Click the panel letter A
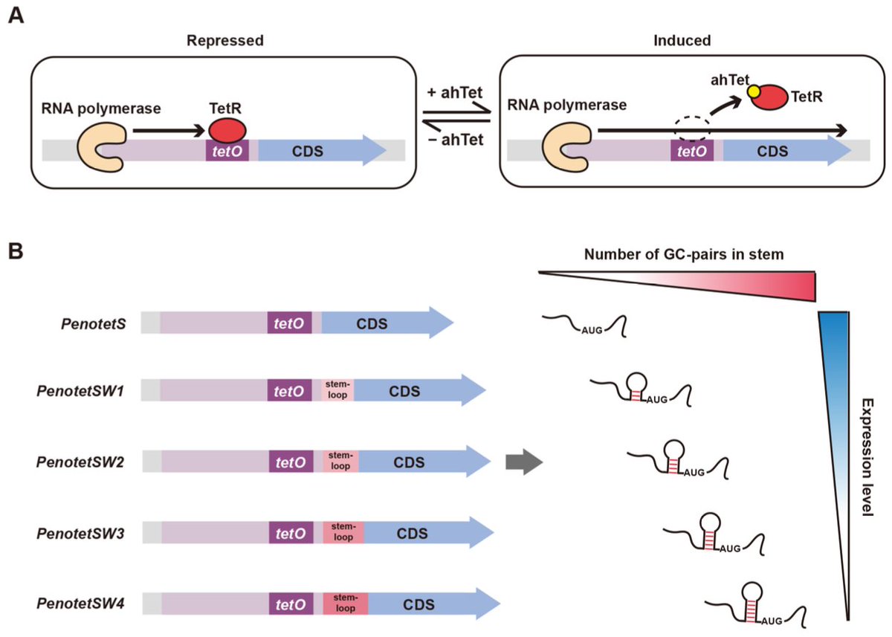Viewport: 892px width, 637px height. click(x=16, y=16)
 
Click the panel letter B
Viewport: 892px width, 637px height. click(x=16, y=250)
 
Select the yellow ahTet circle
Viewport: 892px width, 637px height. click(x=754, y=91)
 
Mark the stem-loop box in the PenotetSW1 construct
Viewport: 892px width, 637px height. click(x=337, y=390)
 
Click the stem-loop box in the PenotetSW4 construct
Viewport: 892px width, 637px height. click(x=345, y=602)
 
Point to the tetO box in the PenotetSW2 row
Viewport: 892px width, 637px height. click(x=291, y=462)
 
